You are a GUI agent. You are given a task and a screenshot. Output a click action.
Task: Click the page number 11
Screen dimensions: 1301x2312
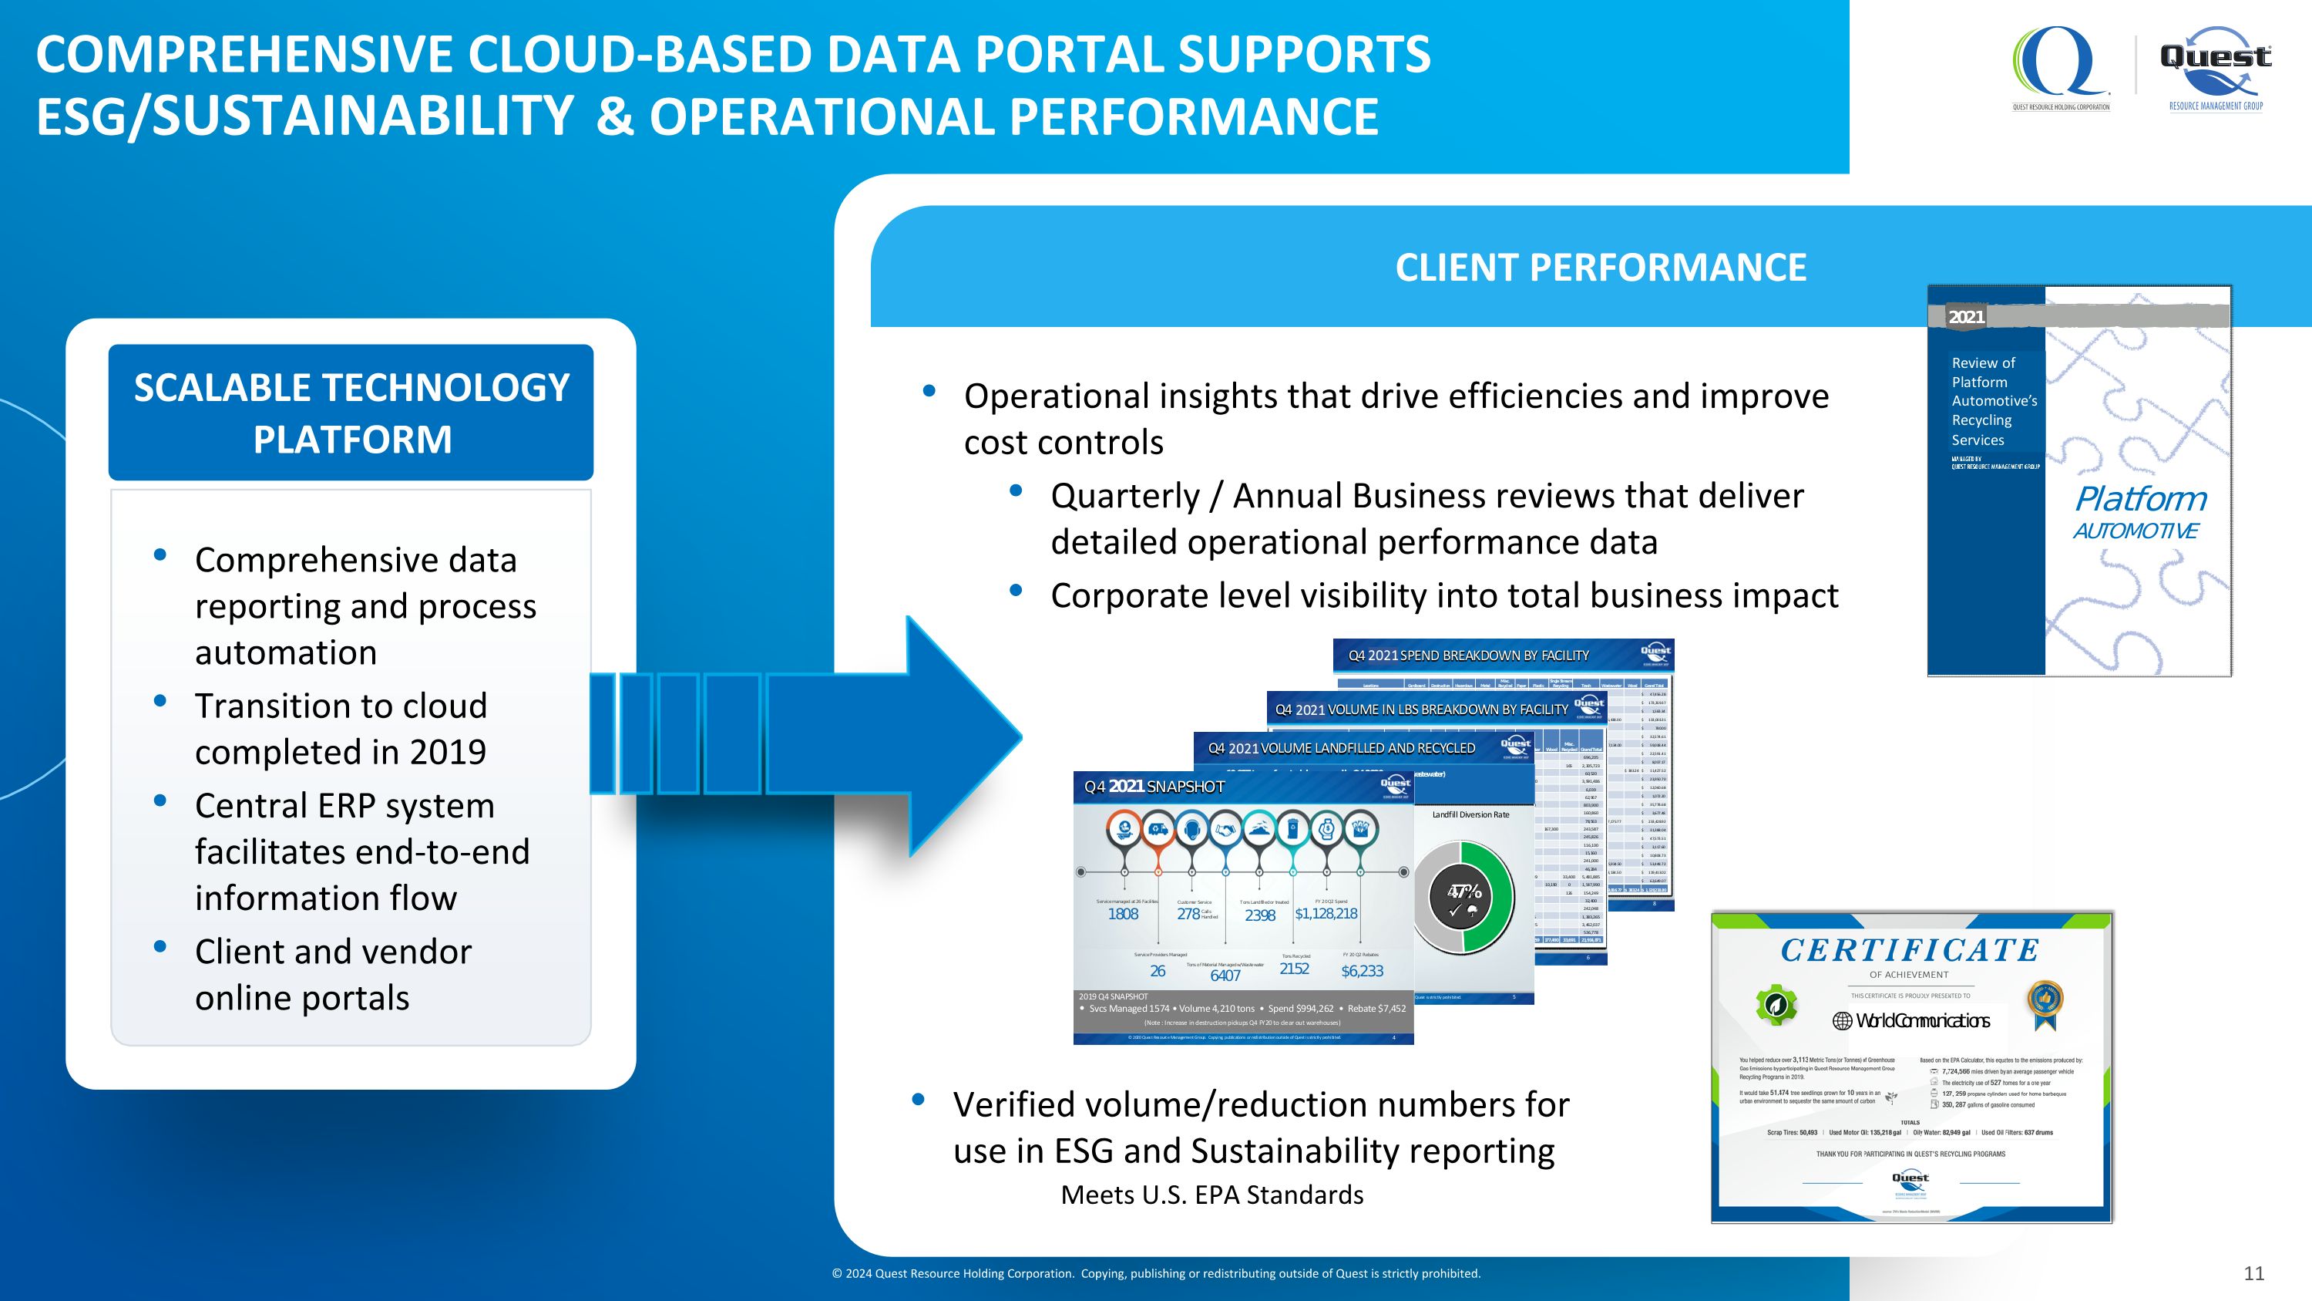[x=2253, y=1273]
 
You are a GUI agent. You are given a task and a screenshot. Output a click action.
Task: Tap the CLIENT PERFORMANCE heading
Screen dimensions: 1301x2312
[x=1600, y=268]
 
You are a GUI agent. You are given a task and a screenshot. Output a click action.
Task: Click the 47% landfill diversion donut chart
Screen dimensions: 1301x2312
[x=1463, y=897]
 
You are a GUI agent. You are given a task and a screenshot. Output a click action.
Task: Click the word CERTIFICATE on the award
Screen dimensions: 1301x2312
[x=1910, y=950]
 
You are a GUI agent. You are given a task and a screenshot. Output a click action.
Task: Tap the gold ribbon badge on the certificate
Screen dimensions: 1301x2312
[x=2045, y=1004]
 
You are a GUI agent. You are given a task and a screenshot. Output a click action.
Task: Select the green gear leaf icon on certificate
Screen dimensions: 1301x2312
[x=1776, y=1005]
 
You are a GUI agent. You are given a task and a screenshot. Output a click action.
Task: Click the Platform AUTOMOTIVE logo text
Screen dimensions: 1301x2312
[x=2139, y=512]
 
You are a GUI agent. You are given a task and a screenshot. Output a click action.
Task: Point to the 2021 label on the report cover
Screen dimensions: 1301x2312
[x=1965, y=317]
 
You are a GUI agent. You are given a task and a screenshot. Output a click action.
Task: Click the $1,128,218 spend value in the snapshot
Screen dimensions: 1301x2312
[x=1326, y=914]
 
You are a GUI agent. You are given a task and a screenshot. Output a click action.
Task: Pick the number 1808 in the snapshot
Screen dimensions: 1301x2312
[x=1123, y=914]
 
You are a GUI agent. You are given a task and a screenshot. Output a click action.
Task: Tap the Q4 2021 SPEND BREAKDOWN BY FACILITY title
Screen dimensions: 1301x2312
[x=1468, y=656]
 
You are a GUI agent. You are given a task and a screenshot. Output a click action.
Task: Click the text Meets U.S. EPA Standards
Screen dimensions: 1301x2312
[x=1211, y=1195]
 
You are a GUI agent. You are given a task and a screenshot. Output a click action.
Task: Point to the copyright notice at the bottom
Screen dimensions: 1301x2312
[x=1156, y=1273]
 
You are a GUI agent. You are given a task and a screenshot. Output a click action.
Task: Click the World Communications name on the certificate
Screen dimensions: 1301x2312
[x=1912, y=1021]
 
